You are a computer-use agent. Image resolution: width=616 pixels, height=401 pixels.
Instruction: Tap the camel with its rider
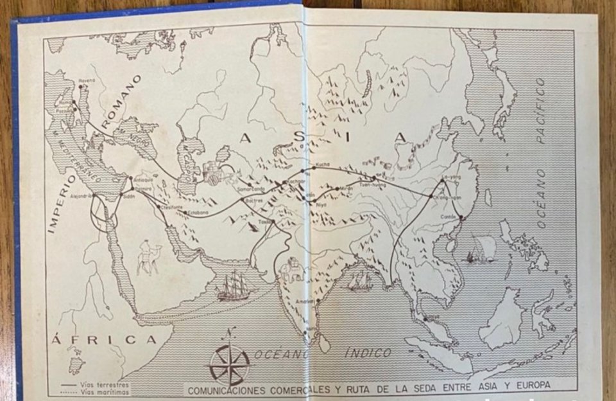[149, 257]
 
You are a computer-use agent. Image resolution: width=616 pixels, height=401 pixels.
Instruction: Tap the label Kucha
[323, 165]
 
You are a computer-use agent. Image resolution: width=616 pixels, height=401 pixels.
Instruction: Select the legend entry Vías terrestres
[104, 384]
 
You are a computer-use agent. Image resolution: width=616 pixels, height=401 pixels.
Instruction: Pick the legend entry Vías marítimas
[104, 391]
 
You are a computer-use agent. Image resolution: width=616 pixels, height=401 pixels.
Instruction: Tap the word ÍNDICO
[368, 352]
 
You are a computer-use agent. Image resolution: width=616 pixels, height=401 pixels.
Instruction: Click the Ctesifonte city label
[175, 207]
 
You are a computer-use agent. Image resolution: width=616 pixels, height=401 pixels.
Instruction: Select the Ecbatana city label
[198, 210]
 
